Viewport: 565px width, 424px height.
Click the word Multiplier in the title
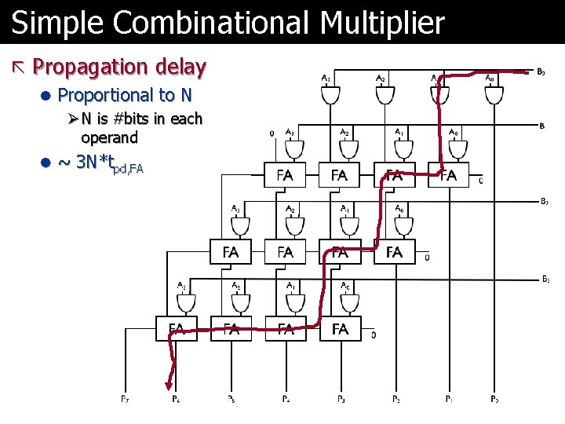click(382, 24)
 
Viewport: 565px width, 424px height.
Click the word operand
click(109, 137)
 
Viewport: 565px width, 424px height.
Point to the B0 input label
click(541, 72)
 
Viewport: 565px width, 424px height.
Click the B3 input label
click(545, 279)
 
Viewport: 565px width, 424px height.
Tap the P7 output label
click(125, 400)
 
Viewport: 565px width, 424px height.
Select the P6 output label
click(176, 400)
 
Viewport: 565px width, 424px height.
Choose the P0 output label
click(494, 400)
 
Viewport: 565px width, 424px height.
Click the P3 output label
click(341, 400)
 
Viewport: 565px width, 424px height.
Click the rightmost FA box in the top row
click(448, 175)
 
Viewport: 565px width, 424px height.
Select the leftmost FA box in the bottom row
click(177, 328)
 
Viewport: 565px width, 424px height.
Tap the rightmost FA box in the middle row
click(394, 252)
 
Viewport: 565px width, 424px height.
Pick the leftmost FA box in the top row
click(285, 175)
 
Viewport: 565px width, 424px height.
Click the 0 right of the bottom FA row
click(373, 335)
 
